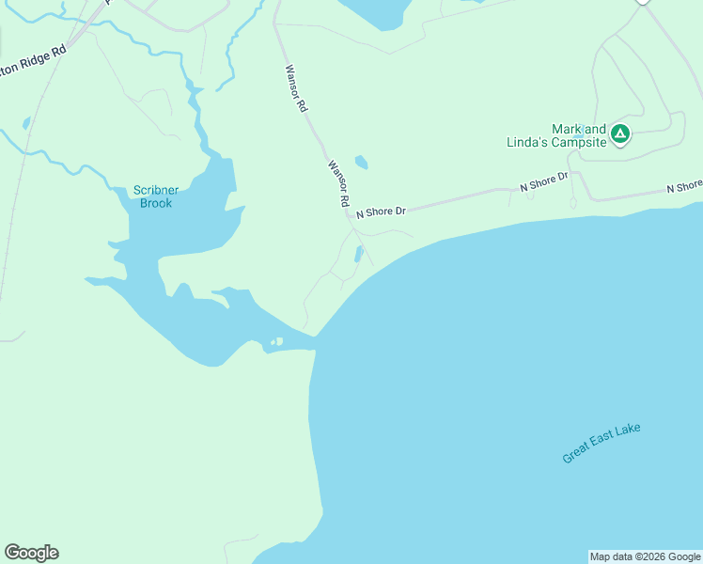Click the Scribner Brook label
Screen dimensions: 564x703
pos(155,196)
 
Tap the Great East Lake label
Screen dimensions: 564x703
pos(601,443)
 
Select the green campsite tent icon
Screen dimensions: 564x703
pos(619,134)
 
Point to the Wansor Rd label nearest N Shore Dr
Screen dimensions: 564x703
pos(338,184)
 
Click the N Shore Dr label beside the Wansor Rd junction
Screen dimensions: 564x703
pos(381,211)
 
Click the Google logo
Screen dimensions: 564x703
pos(31,553)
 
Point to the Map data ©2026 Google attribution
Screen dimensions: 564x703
pos(645,556)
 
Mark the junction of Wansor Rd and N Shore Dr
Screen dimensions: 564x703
pos(350,216)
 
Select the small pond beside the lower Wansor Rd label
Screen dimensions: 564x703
pos(362,163)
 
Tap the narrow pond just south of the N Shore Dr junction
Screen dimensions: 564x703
pos(358,254)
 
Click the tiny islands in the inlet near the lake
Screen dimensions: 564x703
pos(275,342)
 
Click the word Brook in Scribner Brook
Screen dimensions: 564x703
pos(156,203)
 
